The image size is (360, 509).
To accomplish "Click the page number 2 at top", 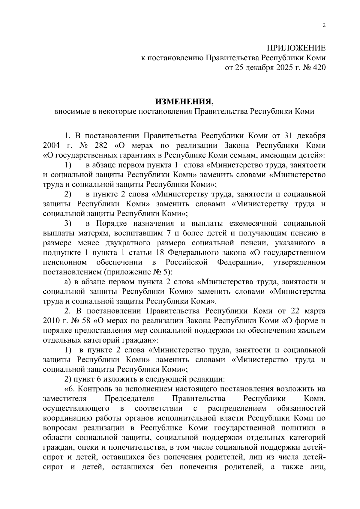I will pos(324,25).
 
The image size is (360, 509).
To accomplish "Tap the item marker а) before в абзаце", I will pos(68,282).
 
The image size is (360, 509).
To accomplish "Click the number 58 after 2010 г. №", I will pos(86,321).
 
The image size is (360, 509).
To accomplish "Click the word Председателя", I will pos(129,399).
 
